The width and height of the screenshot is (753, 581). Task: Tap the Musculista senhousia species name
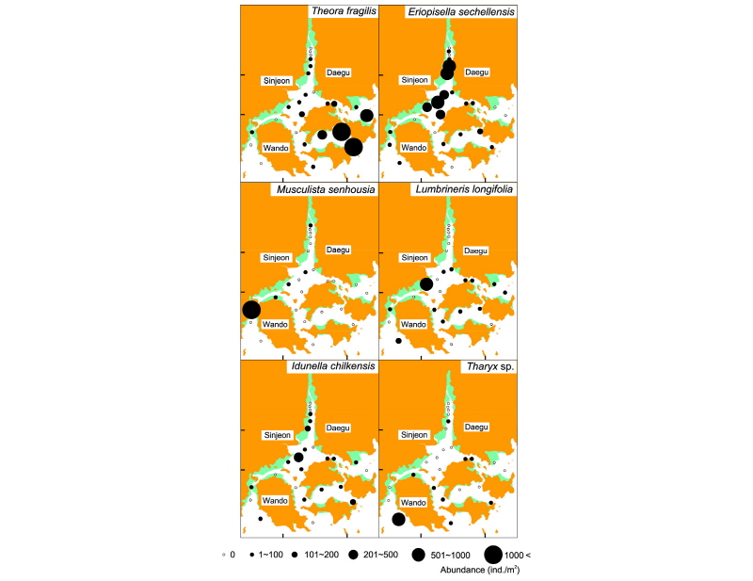[326, 190]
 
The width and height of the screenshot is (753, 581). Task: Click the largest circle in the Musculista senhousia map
[251, 310]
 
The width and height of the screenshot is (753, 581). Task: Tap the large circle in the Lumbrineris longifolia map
[426, 283]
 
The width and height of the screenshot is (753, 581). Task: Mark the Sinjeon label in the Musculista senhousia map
[277, 257]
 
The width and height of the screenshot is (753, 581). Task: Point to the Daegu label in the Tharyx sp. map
[476, 427]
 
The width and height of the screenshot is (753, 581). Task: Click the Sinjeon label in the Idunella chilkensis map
[277, 435]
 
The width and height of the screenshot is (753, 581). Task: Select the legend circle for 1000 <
[493, 556]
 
